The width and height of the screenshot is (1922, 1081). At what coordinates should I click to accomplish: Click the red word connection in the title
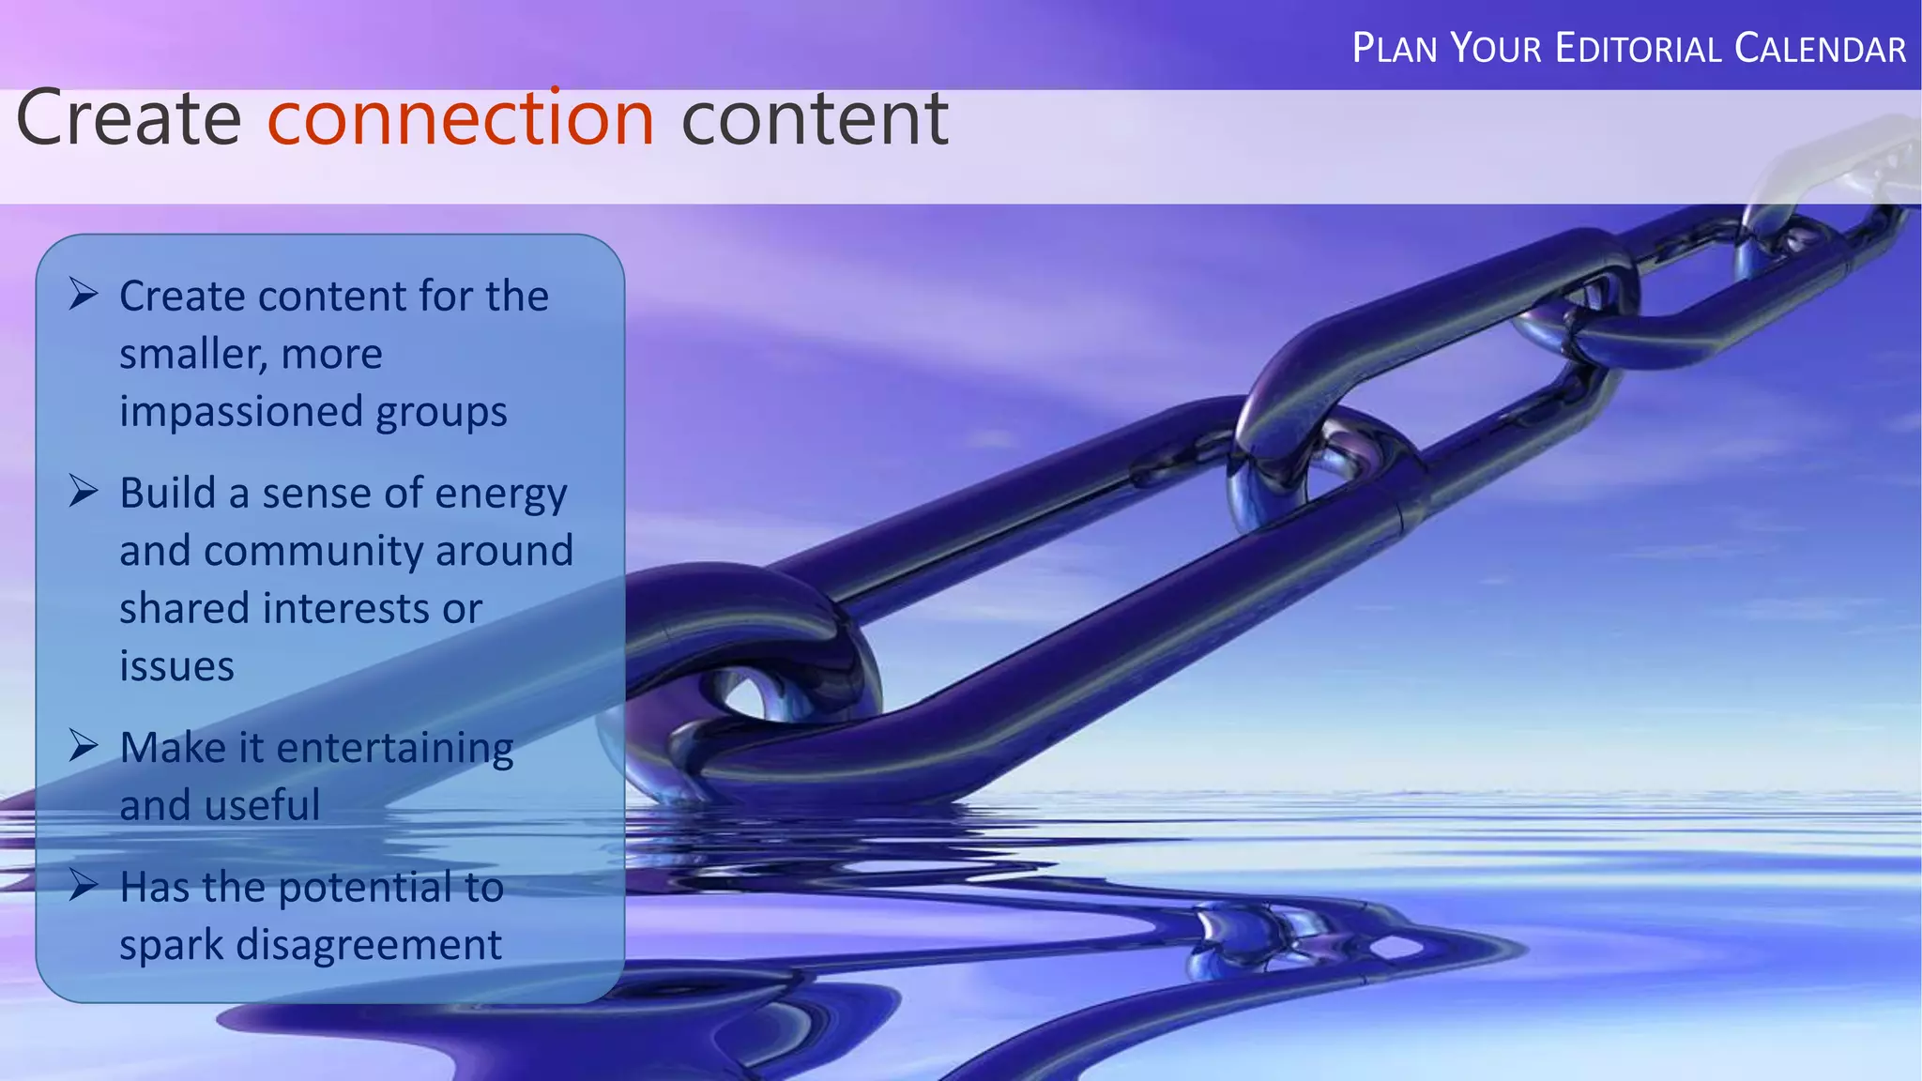pyautogui.click(x=460, y=120)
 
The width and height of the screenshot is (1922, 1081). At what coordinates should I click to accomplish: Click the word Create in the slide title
pyautogui.click(x=129, y=120)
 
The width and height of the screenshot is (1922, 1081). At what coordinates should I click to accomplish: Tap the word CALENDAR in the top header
pyautogui.click(x=1820, y=49)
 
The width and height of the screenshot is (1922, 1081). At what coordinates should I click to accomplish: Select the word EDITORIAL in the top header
pyautogui.click(x=1638, y=49)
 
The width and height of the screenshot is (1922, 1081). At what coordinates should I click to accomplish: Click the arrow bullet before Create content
pyautogui.click(x=84, y=295)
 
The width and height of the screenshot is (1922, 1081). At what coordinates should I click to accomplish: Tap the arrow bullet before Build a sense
pyautogui.click(x=84, y=491)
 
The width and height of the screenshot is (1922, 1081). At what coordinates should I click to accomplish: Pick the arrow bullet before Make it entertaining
pyautogui.click(x=84, y=746)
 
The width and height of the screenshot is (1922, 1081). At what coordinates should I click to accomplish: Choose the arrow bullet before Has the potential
pyautogui.click(x=84, y=885)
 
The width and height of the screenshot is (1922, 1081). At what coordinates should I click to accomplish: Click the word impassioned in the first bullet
pyautogui.click(x=241, y=411)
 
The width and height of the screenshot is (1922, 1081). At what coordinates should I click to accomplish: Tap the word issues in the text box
pyautogui.click(x=176, y=666)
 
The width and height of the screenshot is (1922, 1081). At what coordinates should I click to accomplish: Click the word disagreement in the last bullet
pyautogui.click(x=368, y=945)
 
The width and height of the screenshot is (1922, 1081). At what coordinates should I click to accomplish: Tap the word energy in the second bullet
pyautogui.click(x=501, y=494)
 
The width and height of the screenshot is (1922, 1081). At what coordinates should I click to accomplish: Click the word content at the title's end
pyautogui.click(x=814, y=120)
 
